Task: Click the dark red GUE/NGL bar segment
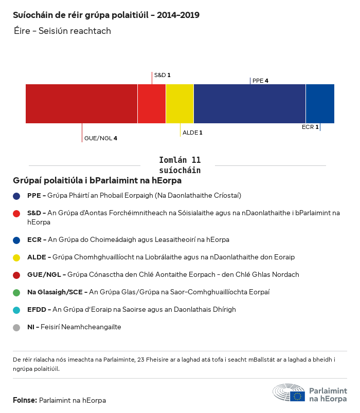81,104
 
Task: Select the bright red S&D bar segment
152,104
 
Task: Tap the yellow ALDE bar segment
179,104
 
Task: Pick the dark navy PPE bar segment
249,104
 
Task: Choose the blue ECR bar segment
320,104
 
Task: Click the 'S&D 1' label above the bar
162,75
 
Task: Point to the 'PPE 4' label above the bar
260,81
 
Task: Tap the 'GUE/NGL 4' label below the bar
101,138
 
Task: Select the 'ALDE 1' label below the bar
193,133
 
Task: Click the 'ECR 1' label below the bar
310,127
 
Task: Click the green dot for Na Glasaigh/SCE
17,292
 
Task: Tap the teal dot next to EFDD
17,310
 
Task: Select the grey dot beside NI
17,327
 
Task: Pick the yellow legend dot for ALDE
17,257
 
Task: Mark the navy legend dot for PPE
17,196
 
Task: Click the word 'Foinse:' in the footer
25,400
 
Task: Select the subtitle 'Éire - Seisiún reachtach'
62,31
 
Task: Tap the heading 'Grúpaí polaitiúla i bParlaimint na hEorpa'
97,181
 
